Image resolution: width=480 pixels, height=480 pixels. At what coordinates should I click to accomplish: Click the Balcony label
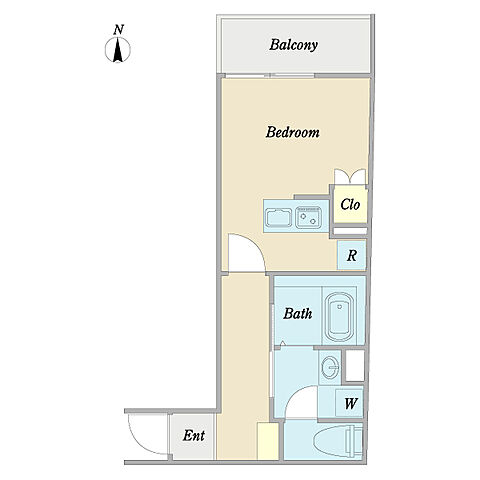point(293,45)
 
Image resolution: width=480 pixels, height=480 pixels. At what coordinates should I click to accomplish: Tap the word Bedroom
point(292,132)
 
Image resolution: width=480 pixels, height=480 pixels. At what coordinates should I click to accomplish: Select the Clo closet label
point(350,204)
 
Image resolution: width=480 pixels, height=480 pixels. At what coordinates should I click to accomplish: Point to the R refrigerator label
point(352,256)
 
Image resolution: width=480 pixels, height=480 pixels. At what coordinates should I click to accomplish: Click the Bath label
point(298,313)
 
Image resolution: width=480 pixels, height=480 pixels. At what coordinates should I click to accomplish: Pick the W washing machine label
point(351,404)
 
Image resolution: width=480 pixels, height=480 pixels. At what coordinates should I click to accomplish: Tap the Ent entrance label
point(194,435)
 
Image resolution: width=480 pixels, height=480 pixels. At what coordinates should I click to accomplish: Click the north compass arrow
point(118,50)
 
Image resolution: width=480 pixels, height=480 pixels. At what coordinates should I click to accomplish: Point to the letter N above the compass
point(118,30)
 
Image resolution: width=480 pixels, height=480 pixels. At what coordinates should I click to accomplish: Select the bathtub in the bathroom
point(340,317)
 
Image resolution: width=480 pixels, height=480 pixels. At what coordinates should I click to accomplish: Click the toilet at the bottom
point(338,441)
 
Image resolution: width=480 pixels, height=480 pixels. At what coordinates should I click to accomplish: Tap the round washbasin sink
point(329,367)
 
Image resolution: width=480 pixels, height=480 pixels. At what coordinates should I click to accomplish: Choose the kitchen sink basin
point(279,217)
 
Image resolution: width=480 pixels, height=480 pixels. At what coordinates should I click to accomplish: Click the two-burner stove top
point(309,217)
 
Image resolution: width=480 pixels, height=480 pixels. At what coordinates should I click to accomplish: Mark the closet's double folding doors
point(350,176)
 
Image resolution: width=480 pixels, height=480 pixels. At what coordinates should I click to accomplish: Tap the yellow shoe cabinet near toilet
point(268,441)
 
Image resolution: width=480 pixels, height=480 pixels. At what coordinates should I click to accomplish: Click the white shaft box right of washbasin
point(355,365)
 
